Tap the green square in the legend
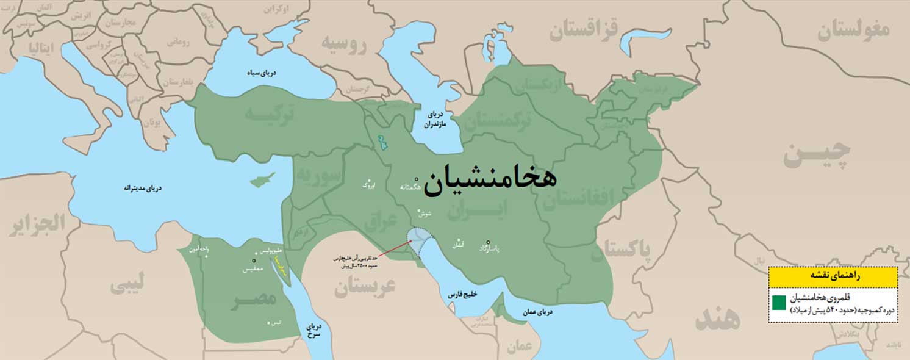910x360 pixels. tap(779, 303)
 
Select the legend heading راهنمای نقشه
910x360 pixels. tap(832, 276)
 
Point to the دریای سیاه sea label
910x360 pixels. tap(261, 73)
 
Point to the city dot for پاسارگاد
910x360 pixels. tap(488, 242)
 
